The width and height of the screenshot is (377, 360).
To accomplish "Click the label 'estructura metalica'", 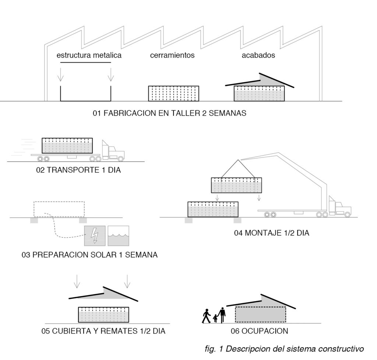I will pos(89,56).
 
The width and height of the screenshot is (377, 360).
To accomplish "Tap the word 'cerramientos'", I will pos(172,56).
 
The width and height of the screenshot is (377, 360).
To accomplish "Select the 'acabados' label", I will pos(258,56).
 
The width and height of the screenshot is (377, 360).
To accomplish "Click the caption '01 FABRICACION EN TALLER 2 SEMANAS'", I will pos(170,113).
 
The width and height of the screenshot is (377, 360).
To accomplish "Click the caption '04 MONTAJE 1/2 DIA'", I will pos(271,233).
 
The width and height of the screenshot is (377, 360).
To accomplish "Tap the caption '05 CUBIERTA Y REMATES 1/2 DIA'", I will pos(103,331).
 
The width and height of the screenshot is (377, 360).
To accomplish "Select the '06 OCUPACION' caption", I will pos(259,331).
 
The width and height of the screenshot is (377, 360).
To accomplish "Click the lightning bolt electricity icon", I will pos(95,236).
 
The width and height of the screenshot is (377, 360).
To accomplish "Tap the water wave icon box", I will pos(118,236).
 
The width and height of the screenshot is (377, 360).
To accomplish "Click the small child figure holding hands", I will pos(215,318).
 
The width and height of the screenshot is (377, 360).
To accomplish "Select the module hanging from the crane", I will pos(236,185).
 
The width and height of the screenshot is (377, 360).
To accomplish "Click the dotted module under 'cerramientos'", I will pos(173,93).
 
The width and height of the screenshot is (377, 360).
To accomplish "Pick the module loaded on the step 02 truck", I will pos(67,146).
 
